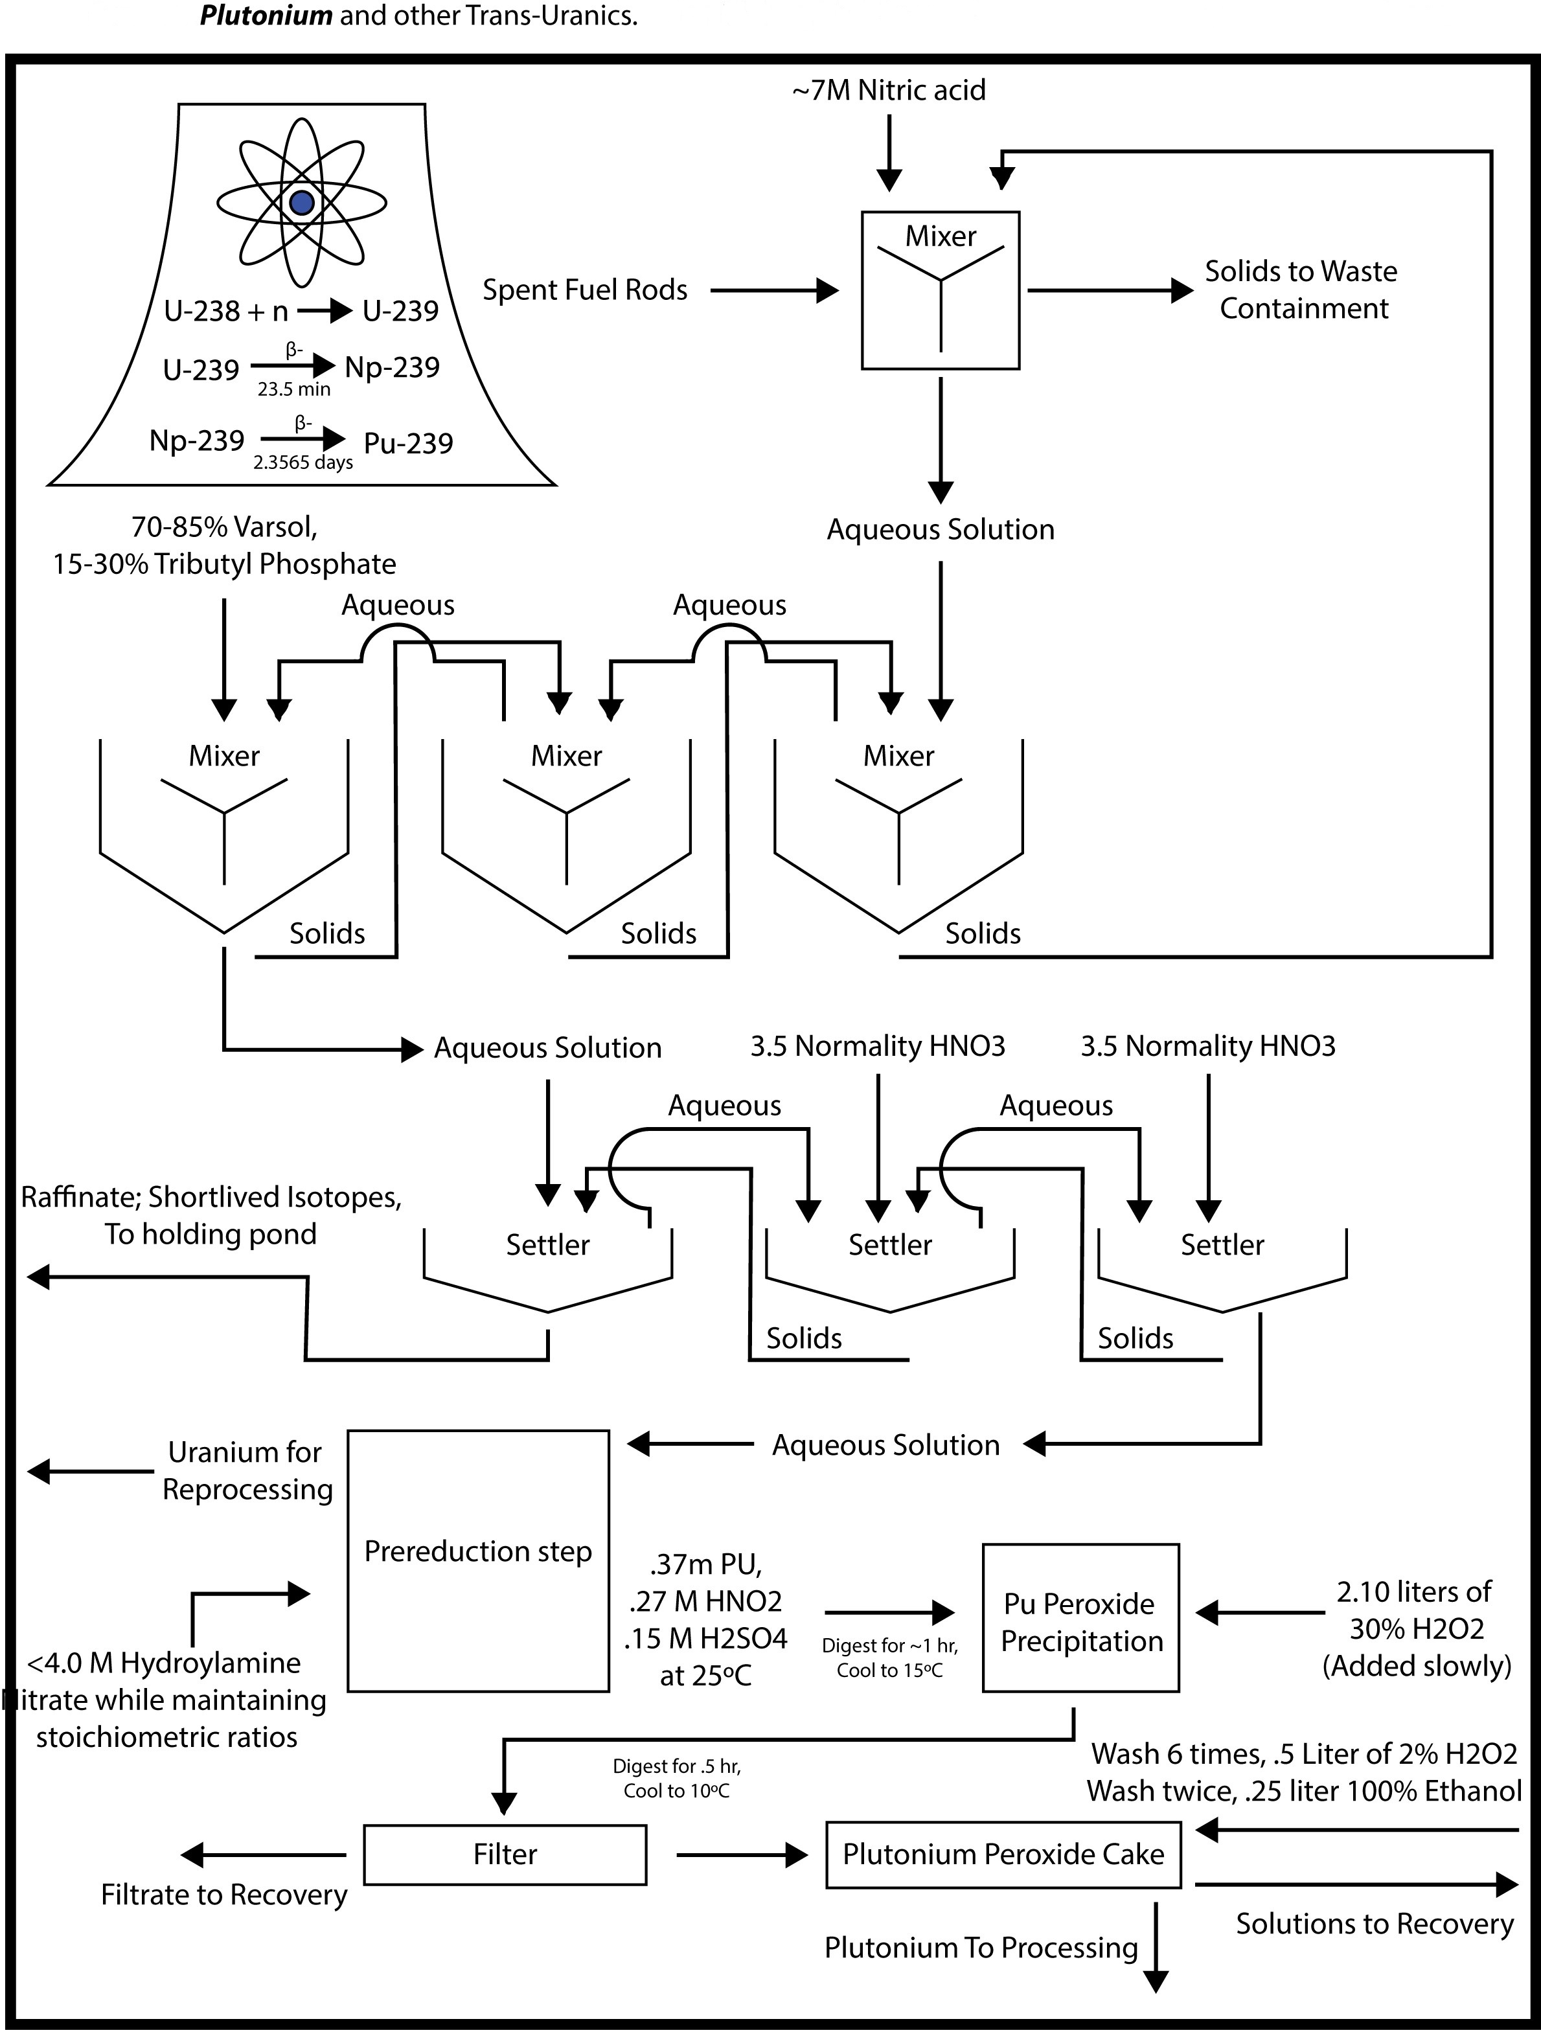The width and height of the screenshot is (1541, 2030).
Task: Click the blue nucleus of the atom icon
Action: pos(302,203)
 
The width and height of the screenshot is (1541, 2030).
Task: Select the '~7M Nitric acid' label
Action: pos(889,90)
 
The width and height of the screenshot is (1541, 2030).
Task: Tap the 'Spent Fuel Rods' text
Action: pos(585,290)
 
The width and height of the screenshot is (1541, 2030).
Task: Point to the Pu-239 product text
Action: pos(409,443)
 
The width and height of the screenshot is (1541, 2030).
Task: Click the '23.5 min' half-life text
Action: pos(293,389)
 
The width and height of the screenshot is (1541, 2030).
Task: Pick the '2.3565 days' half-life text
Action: pos(303,462)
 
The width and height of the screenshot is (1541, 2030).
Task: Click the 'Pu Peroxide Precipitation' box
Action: pos(1081,1623)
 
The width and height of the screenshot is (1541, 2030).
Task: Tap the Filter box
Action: pos(505,1854)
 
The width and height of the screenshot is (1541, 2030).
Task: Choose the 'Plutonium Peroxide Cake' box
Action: pos(1003,1854)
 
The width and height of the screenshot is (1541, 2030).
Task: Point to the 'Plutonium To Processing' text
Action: pos(980,1947)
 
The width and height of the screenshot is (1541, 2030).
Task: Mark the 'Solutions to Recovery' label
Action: pos(1374,1924)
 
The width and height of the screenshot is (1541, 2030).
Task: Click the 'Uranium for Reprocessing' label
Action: pos(246,1471)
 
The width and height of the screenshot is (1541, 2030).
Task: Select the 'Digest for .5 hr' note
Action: pos(676,1766)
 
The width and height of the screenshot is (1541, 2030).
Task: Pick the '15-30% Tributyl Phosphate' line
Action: pos(224,564)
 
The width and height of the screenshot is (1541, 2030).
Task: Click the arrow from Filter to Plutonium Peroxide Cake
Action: pos(742,1856)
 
